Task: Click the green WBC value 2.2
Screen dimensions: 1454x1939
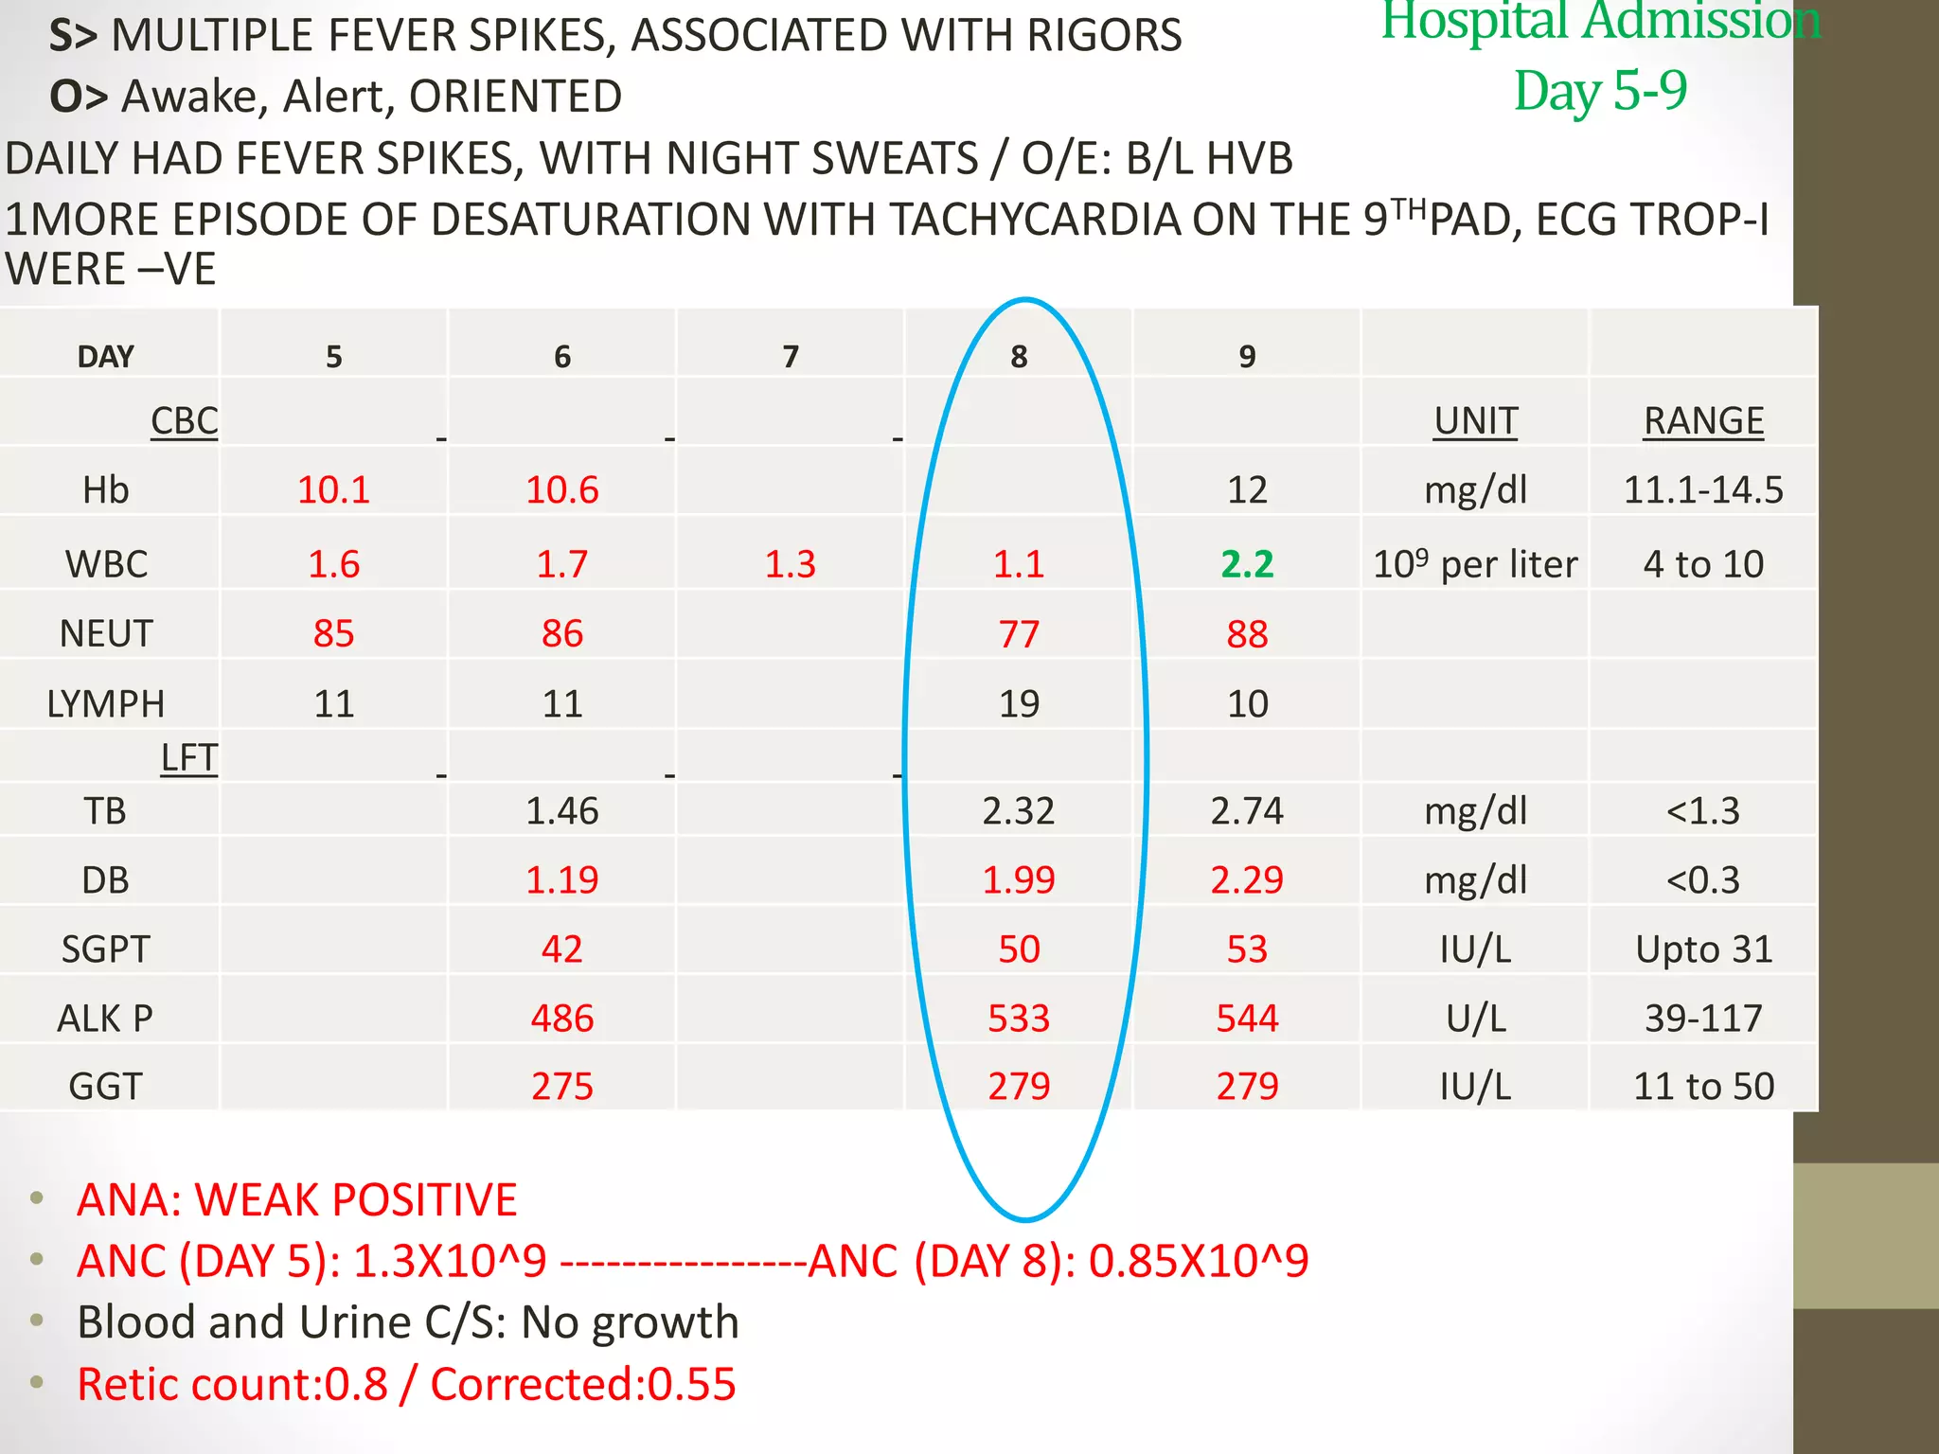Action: pos(1247,564)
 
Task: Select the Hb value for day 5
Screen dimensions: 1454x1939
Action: pos(333,490)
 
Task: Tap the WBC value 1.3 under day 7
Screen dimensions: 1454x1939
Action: pos(790,564)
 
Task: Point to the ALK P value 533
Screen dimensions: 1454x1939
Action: pos(1019,1019)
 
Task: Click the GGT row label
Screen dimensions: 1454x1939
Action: pos(105,1087)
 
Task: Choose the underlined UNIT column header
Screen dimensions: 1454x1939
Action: pos(1475,421)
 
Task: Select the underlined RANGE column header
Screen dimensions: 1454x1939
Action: pos(1703,421)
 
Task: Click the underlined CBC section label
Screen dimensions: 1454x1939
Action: pos(184,421)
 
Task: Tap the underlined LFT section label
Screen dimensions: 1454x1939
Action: pos(188,758)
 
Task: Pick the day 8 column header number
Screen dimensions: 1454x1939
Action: pos(1019,357)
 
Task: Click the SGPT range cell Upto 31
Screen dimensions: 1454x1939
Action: pos(1703,949)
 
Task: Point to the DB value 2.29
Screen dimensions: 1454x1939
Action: pos(1247,880)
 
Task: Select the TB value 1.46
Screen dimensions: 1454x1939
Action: pos(561,811)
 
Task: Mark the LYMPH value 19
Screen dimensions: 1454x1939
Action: pos(1019,704)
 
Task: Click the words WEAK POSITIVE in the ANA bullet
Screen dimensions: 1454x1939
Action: pos(356,1200)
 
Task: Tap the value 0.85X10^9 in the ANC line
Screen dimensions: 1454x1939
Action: pos(1199,1262)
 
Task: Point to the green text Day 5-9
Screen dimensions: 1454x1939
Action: pos(1600,91)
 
